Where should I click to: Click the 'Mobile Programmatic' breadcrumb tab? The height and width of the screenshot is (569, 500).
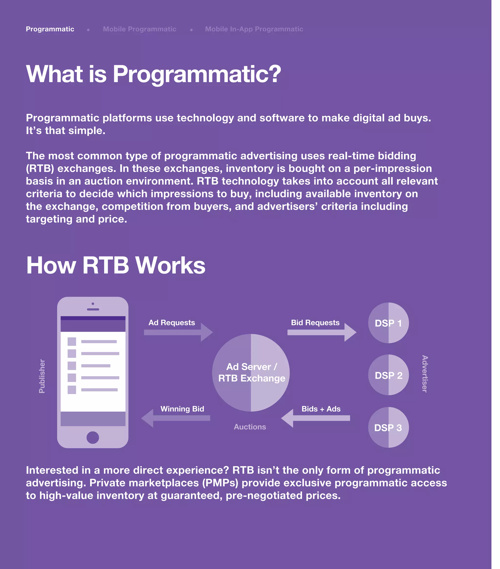click(x=139, y=29)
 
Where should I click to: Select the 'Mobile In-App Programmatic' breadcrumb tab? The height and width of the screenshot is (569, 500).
click(x=254, y=29)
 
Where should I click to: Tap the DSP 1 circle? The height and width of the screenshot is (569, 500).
click(x=388, y=323)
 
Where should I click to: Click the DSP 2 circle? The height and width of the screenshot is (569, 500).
click(x=388, y=375)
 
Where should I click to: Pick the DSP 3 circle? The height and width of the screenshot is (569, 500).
click(x=388, y=427)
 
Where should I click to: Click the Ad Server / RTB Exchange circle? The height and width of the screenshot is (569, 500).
click(x=251, y=372)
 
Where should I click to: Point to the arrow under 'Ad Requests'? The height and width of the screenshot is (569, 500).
click(x=178, y=332)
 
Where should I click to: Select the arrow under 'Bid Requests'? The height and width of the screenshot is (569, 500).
click(x=322, y=332)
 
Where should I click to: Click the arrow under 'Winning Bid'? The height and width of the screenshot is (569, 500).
click(x=175, y=418)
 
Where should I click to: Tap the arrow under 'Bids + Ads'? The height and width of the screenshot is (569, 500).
click(x=315, y=418)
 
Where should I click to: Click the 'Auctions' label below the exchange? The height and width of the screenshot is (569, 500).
click(x=250, y=427)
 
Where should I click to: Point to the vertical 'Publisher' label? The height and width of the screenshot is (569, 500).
click(x=42, y=376)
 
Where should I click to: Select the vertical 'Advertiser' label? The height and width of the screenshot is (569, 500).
click(x=425, y=374)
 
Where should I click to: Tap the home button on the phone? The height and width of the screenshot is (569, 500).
click(x=93, y=437)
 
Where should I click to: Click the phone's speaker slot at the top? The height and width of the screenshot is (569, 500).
click(x=93, y=309)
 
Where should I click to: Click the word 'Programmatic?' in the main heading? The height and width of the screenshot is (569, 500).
click(x=197, y=74)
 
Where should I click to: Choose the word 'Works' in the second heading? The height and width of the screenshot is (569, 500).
click(x=170, y=265)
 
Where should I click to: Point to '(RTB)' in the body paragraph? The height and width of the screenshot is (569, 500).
click(x=40, y=169)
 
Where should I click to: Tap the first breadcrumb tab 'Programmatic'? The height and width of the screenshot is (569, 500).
click(x=50, y=29)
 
